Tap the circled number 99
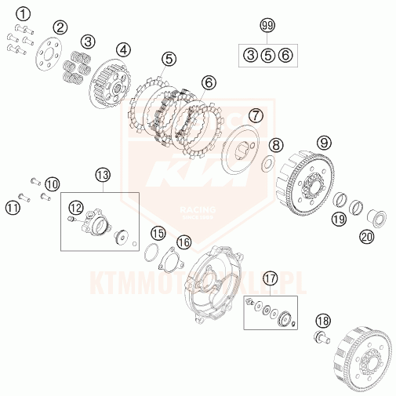268,27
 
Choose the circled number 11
13,207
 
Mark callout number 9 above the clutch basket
324,144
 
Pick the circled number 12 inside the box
74,207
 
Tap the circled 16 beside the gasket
183,242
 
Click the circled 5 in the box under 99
267,54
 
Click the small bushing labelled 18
321,338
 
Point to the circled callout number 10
52,184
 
